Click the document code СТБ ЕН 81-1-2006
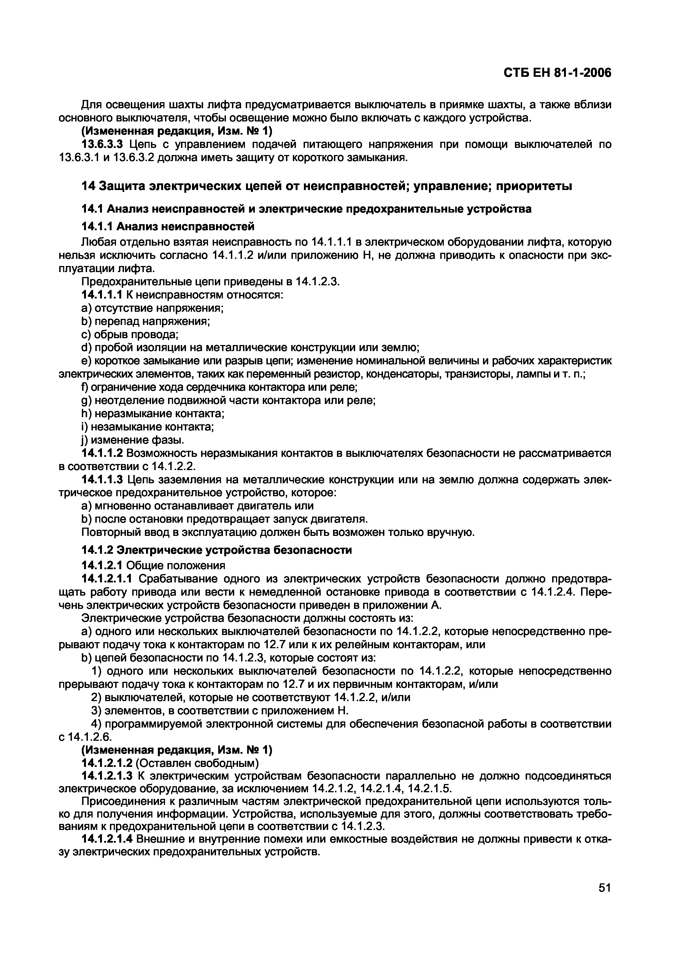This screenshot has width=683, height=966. tap(557, 73)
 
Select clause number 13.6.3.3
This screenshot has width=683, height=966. tap(102, 145)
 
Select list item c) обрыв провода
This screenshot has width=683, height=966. tap(130, 335)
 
